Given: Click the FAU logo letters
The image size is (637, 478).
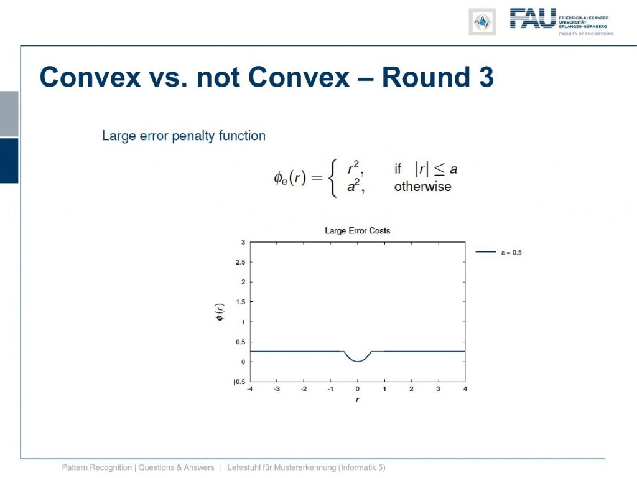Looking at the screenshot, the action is (532, 18).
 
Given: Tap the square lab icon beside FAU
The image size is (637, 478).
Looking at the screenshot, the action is (482, 22).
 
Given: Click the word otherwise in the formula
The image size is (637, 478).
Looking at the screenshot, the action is (422, 187).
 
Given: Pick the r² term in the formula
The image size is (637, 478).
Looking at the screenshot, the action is (355, 167).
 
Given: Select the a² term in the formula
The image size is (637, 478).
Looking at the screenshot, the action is (355, 185).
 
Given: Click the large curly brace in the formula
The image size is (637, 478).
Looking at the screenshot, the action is (333, 178).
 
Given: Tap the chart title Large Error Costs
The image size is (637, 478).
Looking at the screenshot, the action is (358, 230).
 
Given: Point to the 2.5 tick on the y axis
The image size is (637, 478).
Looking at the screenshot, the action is (241, 262).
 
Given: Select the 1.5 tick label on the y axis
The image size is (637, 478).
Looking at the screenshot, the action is (241, 302).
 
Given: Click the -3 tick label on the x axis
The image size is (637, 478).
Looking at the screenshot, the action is (277, 389).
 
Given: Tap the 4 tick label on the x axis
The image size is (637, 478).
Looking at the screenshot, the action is (465, 389).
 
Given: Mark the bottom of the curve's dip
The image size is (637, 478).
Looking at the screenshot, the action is (358, 362).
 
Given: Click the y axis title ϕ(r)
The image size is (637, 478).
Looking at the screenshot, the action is (220, 312).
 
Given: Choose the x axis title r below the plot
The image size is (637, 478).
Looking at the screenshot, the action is (358, 400).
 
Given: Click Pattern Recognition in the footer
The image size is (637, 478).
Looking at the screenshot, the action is (96, 467).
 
